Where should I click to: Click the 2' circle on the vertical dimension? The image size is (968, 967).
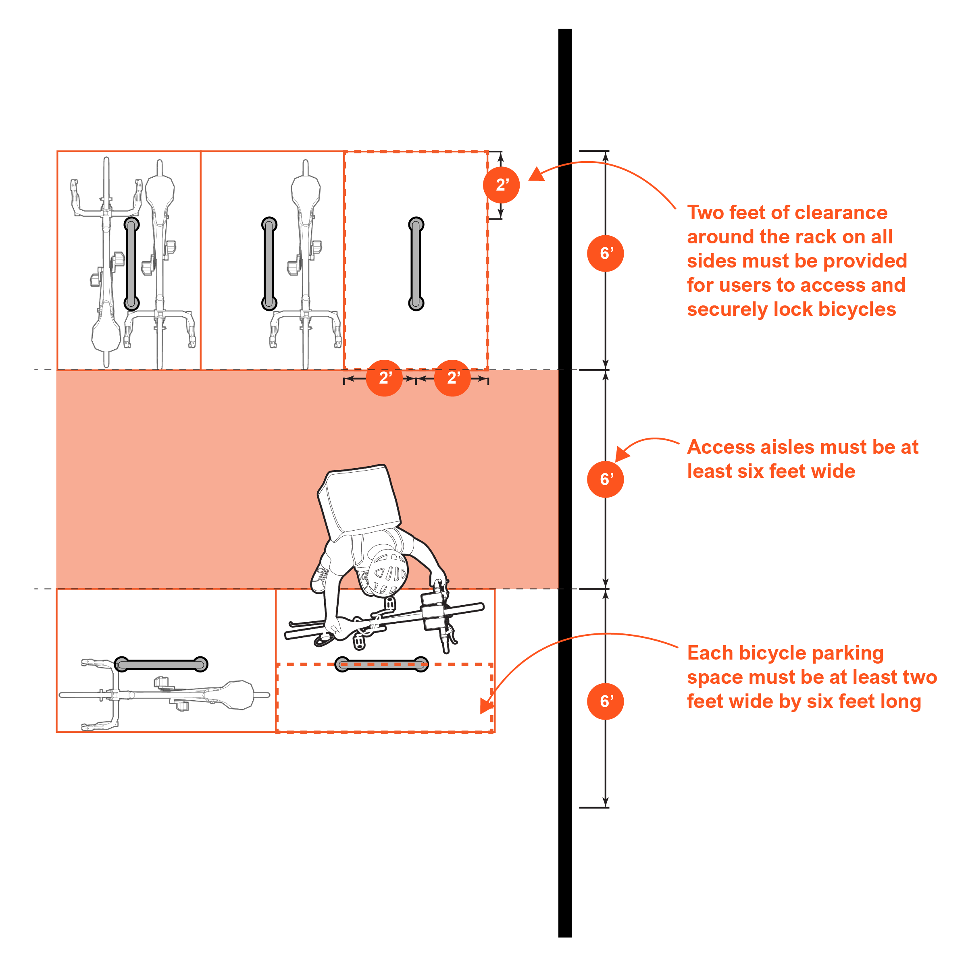point(501,185)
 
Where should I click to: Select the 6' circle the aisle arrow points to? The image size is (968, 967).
point(605,479)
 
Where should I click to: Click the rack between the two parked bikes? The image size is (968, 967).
point(132,264)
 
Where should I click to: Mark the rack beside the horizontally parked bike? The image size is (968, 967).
point(161,664)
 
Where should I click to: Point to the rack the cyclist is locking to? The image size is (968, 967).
point(381,664)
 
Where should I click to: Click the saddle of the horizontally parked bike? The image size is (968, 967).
point(237,695)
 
